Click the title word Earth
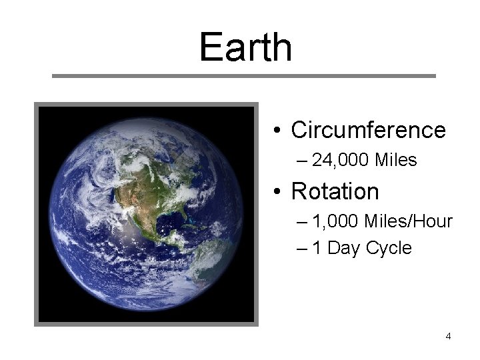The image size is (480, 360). (245, 48)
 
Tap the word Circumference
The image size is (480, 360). (368, 130)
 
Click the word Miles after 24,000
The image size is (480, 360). (397, 161)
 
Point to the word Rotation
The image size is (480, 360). (335, 192)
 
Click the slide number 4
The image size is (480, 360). (448, 336)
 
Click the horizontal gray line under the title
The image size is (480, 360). (243, 76)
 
